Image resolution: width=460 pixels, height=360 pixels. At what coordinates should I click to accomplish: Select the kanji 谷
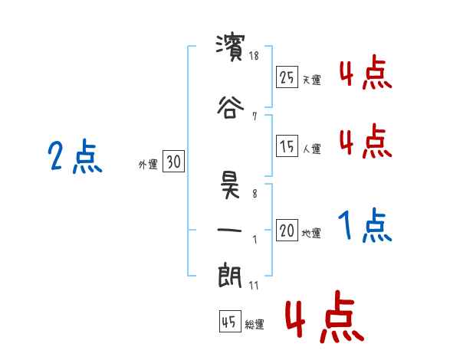230,107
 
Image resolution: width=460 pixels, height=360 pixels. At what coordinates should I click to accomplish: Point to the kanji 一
230,230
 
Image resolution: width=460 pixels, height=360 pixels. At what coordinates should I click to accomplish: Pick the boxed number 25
287,78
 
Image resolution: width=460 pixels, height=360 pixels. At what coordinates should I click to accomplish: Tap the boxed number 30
173,162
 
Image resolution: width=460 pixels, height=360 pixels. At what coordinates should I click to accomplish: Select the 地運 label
312,234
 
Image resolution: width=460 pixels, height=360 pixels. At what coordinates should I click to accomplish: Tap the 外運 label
148,164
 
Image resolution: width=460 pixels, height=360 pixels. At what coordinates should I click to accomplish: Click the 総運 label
255,325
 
